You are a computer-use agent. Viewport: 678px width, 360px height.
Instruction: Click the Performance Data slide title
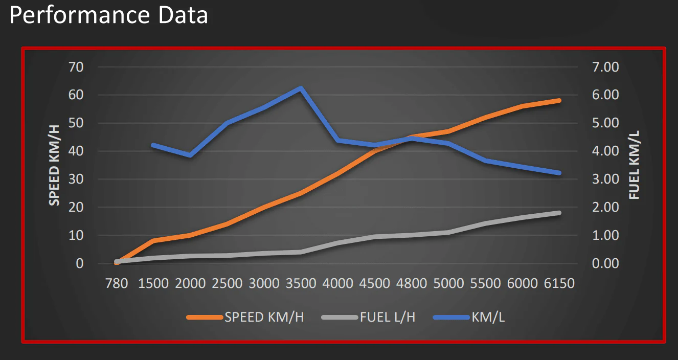(108, 15)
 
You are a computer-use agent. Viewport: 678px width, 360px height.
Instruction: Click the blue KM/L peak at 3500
(301, 88)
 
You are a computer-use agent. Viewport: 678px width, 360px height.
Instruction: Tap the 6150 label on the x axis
(559, 283)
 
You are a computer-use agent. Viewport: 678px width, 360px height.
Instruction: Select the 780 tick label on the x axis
(116, 283)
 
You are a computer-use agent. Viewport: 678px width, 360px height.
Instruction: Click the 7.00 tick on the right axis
(605, 67)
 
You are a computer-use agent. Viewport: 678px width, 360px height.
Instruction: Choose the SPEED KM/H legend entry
(264, 317)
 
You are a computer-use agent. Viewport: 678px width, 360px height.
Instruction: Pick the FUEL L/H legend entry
(388, 317)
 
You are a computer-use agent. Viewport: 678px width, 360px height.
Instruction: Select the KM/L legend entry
(488, 317)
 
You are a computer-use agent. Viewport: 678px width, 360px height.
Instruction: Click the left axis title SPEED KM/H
(54, 165)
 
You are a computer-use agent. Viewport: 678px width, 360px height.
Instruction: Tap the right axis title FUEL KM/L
(635, 165)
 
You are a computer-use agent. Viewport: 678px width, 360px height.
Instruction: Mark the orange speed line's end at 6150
(559, 100)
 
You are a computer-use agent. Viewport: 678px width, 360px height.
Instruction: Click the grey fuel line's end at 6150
(559, 213)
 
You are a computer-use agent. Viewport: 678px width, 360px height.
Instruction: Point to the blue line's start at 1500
(153, 145)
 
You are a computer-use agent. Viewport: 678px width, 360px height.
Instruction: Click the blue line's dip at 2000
(190, 155)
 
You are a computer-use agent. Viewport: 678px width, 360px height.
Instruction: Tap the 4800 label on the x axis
(412, 283)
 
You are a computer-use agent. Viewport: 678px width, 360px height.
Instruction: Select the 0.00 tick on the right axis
(605, 264)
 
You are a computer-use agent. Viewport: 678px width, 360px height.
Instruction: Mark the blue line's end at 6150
(559, 173)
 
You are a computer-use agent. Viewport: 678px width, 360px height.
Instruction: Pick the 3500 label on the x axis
(301, 283)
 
